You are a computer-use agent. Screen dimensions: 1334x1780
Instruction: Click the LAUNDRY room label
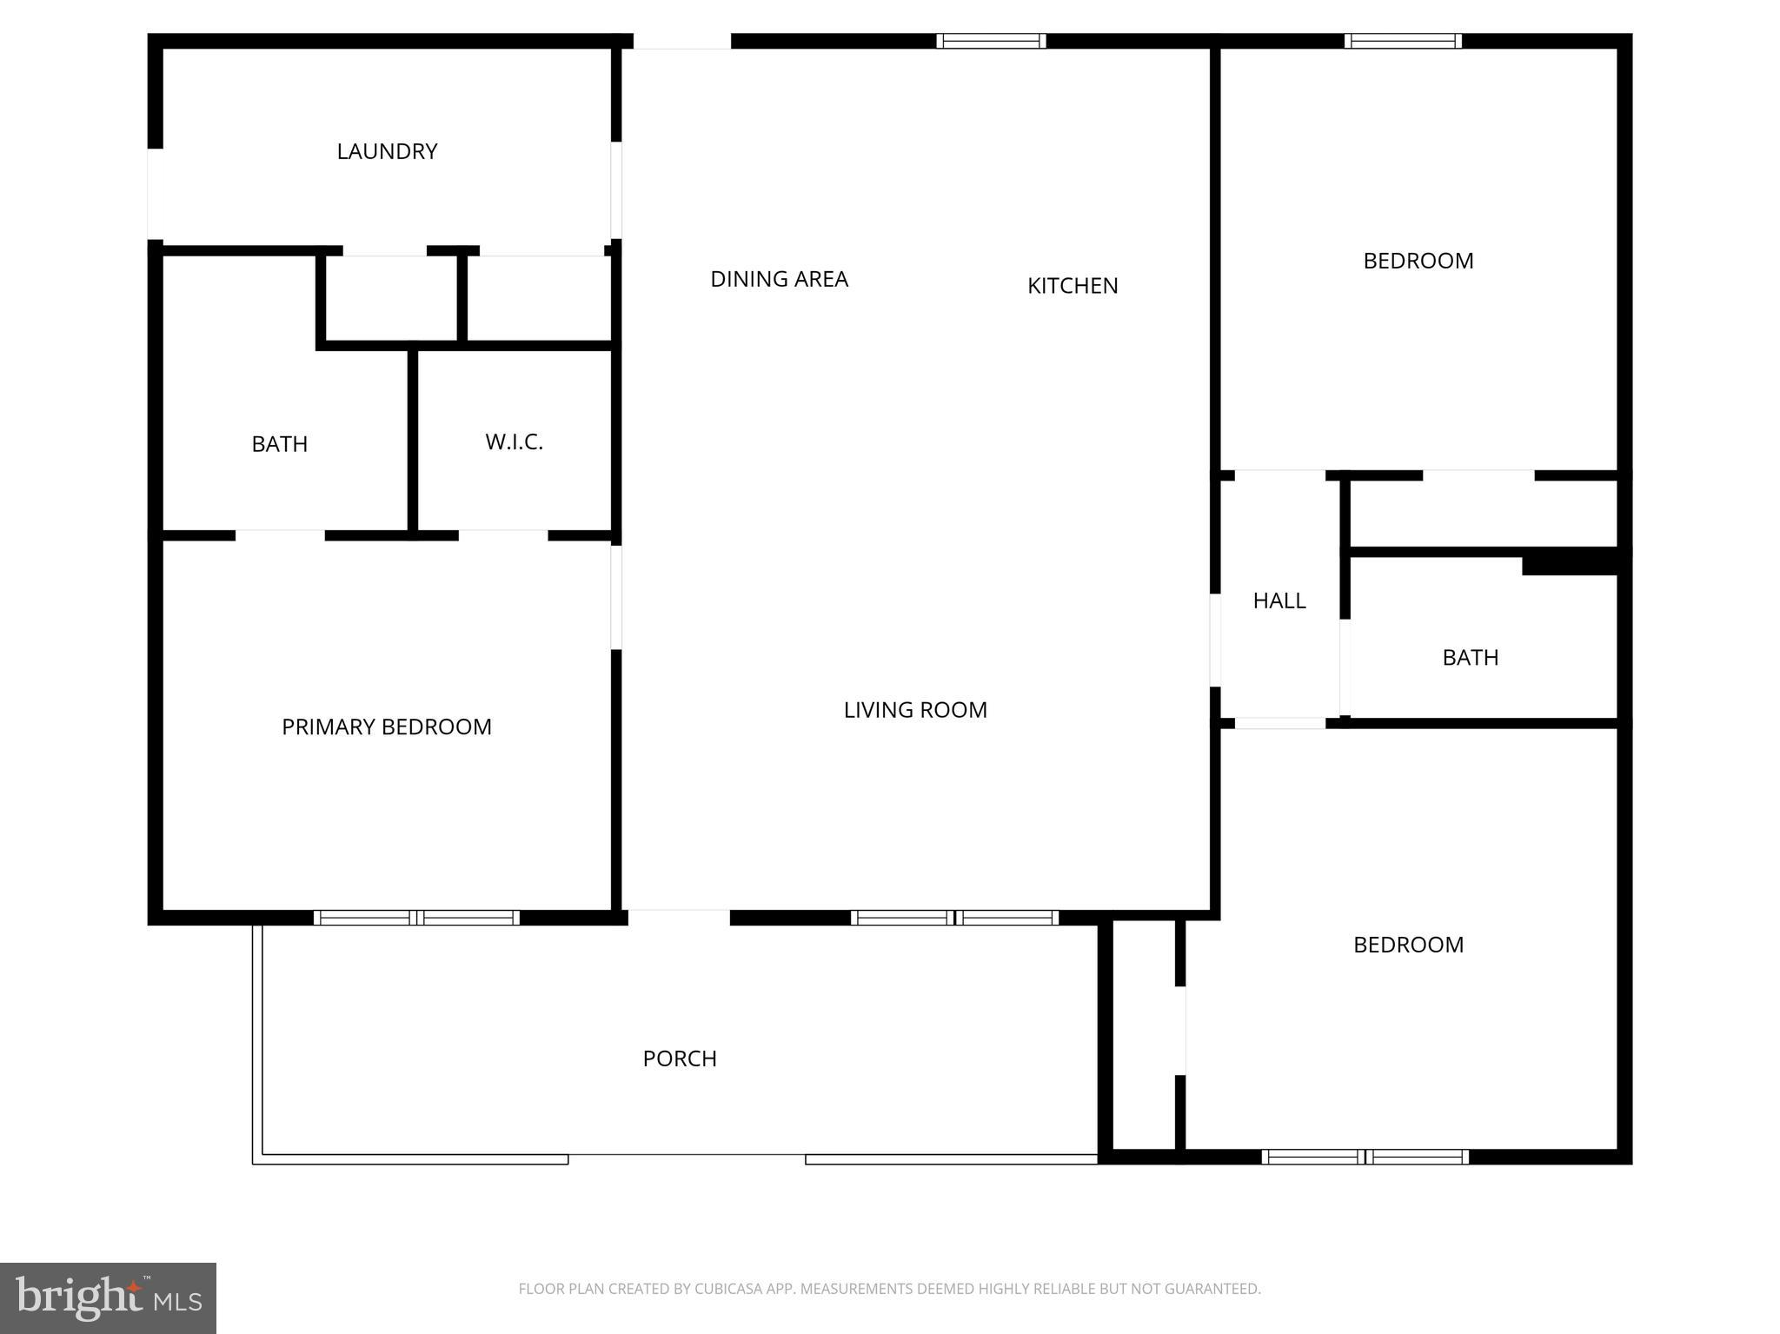pos(387,151)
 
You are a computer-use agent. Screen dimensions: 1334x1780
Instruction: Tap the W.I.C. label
pos(514,441)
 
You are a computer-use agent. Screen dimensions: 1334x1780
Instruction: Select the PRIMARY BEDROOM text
pos(387,727)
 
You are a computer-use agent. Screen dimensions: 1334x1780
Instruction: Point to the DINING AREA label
pos(779,279)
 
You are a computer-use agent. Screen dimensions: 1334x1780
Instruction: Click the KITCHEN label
pos(1073,286)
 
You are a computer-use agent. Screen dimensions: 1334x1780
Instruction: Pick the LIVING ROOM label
pos(915,710)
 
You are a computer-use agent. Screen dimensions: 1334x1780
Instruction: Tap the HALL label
pos(1279,601)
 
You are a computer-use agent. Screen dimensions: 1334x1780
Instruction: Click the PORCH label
pos(680,1059)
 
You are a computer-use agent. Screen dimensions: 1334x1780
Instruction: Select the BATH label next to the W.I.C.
pos(279,444)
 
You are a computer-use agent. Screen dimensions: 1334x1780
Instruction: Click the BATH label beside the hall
pos(1470,658)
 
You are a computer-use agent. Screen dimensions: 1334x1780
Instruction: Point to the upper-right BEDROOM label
pos(1418,261)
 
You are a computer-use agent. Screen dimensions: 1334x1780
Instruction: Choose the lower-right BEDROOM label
pos(1408,945)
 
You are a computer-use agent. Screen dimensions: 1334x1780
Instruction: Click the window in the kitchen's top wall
pos(991,41)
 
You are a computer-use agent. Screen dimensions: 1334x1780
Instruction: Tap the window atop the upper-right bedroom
pos(1403,41)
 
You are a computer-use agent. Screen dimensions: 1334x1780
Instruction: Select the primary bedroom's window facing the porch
pos(416,918)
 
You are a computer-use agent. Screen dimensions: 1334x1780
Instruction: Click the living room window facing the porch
pos(954,918)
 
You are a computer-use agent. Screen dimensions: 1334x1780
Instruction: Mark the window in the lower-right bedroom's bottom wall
pos(1365,1157)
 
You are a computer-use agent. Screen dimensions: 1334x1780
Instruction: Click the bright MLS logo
pos(108,1298)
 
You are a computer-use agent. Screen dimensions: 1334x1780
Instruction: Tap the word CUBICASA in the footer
pos(727,1289)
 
